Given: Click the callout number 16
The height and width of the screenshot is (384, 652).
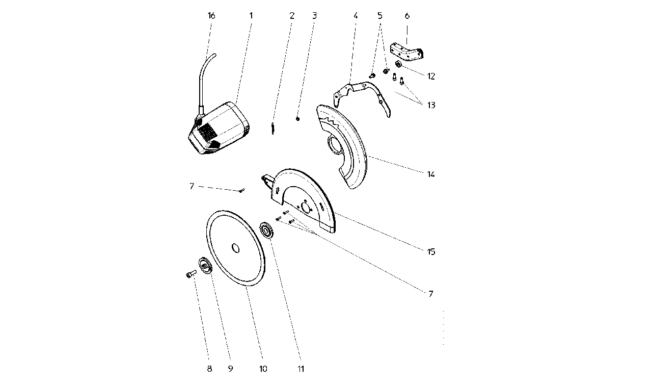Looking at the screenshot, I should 211,16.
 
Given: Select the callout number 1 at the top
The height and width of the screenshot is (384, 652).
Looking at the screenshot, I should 251,16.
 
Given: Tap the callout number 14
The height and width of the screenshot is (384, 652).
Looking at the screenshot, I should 431,174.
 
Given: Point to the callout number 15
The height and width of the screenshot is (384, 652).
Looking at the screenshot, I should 431,251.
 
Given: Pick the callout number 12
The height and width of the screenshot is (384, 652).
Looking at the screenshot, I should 431,76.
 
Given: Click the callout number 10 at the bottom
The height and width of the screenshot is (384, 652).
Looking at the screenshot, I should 263,369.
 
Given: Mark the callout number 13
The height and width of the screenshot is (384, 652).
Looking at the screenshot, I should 431,106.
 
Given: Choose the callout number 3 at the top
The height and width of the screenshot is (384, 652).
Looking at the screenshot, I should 314,16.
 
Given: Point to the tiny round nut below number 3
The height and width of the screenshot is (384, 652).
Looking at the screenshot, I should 298,119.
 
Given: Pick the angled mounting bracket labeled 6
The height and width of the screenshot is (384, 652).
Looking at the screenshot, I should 407,49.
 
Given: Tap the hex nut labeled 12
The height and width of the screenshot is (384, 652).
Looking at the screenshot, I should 398,64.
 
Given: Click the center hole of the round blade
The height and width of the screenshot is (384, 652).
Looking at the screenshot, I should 235,248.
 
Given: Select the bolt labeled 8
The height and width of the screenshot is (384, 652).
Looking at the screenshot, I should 192,274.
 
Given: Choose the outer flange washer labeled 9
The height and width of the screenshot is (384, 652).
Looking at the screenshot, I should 206,266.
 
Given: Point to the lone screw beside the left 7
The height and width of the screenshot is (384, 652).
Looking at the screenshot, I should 242,190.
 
